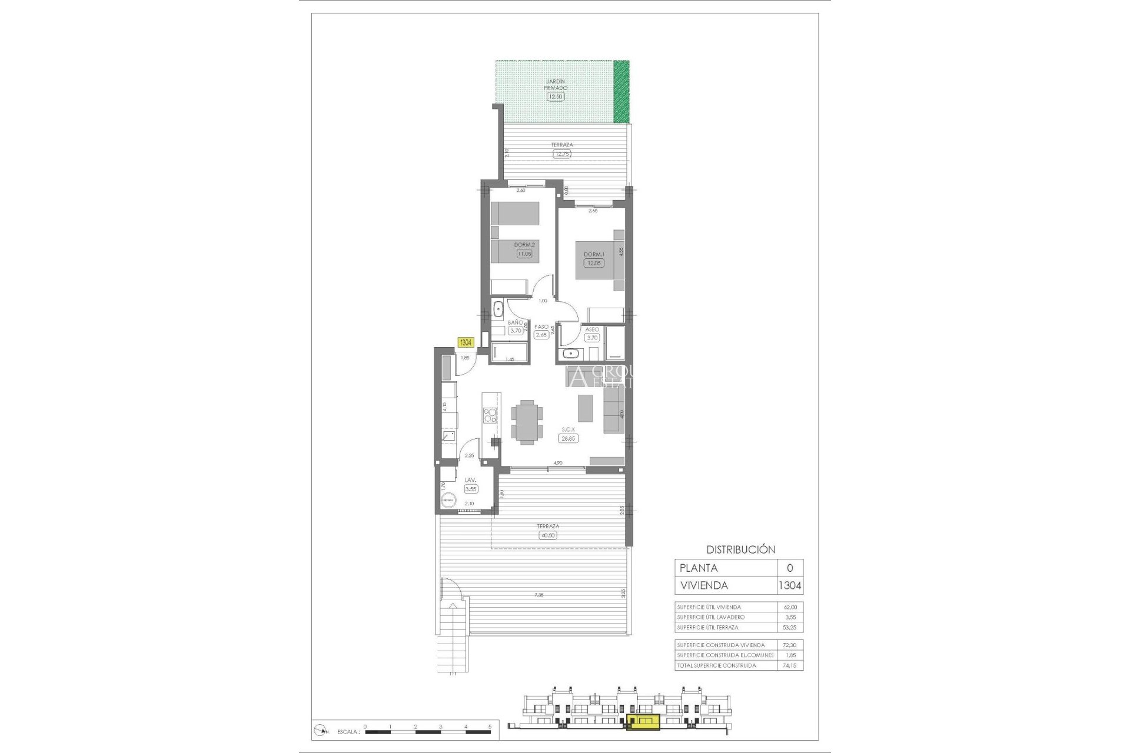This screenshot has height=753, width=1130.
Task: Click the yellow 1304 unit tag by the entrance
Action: (466, 342)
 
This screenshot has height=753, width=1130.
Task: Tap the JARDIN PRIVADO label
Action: (556, 85)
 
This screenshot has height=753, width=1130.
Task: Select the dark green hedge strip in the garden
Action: (621, 91)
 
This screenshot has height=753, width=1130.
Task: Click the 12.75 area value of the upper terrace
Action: (562, 154)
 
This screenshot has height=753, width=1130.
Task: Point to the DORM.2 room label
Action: (524, 245)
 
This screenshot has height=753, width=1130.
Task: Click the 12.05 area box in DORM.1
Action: (594, 263)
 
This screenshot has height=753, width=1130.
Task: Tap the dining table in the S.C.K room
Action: (527, 421)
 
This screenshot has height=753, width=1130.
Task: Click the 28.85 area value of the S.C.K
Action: (568, 438)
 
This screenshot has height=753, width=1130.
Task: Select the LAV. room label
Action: (470, 481)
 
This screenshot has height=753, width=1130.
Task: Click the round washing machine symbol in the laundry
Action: (448, 500)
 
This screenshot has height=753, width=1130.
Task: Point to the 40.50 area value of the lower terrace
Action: (547, 535)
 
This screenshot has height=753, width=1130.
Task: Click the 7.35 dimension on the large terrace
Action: (539, 595)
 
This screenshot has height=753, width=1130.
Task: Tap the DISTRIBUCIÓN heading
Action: (740, 549)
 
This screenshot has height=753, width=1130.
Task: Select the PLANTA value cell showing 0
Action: (790, 568)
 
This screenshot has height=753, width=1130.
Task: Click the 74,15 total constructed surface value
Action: (790, 665)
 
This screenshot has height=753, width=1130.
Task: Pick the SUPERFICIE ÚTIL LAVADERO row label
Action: (710, 617)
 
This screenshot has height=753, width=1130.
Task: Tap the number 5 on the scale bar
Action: (490, 727)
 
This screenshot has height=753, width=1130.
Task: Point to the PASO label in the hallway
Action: (541, 327)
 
